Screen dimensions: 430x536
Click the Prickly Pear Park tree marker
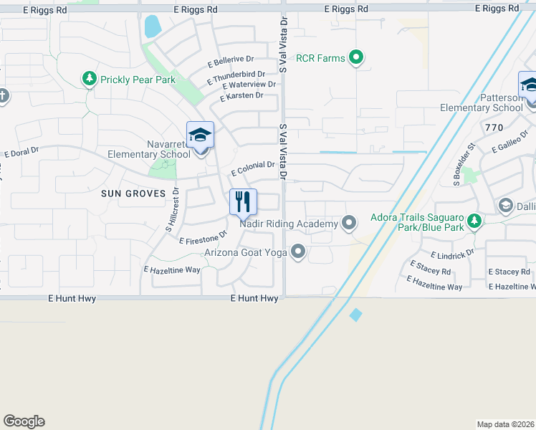pos(89,79)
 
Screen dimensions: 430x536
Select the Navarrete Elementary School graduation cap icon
pos(201,135)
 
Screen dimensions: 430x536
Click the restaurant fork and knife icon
pos(243,201)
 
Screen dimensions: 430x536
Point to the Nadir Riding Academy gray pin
pos(349,223)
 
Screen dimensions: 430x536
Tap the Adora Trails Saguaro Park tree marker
pos(473,221)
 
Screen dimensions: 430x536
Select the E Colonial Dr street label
pos(253,168)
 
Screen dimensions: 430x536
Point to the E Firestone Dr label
pos(203,236)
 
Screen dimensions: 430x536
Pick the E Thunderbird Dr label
pos(236,77)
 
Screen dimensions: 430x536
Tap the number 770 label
pos(494,127)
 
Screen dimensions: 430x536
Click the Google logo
pos(24,421)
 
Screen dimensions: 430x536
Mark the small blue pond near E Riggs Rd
pos(152,27)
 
